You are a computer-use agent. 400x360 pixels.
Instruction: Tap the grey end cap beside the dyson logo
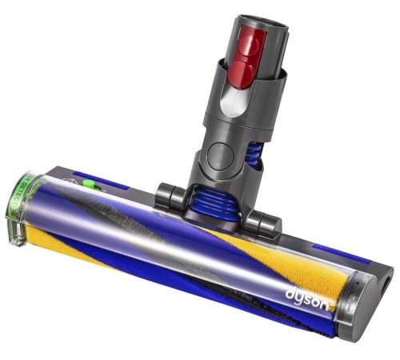[364, 304]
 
